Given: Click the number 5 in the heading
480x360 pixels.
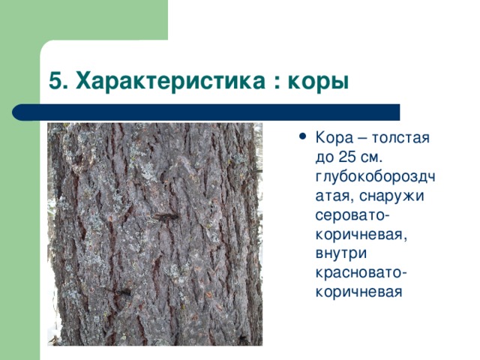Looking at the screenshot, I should point(54,80).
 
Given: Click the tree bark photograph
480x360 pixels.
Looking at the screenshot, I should point(154,233).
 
